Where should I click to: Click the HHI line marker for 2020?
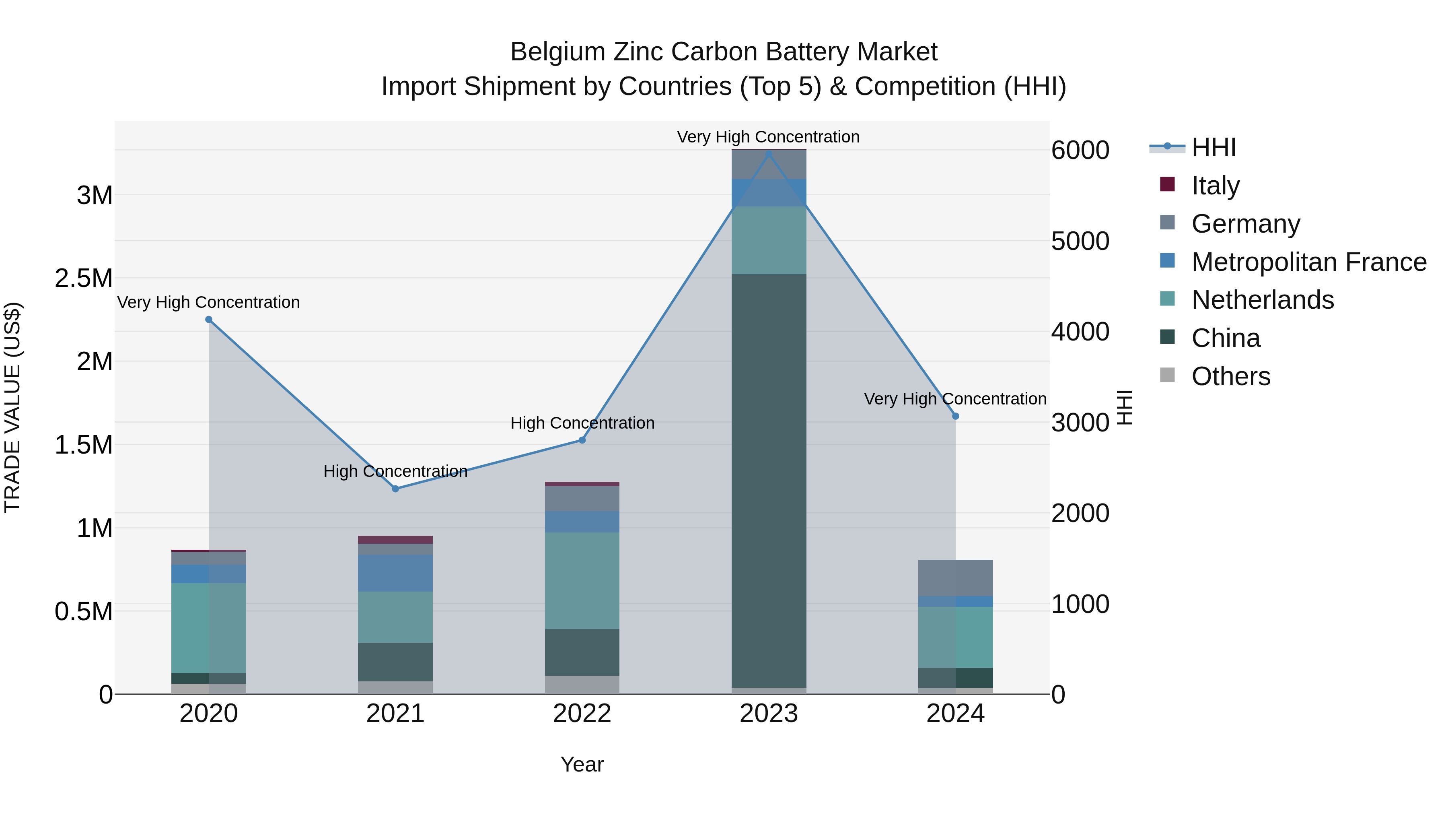point(208,320)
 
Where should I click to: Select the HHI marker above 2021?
point(395,489)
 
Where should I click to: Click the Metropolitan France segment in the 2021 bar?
point(395,573)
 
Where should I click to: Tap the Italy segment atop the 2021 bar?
point(395,539)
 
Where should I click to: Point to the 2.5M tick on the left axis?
point(84,278)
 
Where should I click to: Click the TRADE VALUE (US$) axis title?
point(12,407)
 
